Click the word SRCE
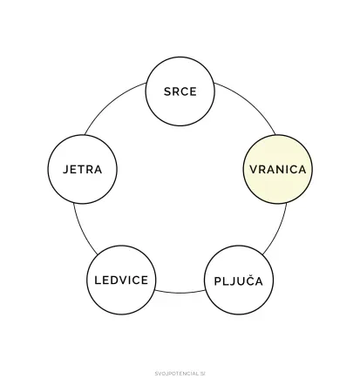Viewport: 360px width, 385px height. [180, 91]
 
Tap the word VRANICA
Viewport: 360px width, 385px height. [278, 170]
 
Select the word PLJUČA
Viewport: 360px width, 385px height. [239, 280]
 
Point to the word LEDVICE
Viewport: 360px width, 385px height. [121, 280]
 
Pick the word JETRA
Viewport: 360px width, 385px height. [83, 169]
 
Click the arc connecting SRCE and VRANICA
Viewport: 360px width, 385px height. [249, 103]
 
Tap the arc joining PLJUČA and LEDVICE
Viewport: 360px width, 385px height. [180, 293]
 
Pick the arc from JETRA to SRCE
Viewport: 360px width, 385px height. [111, 103]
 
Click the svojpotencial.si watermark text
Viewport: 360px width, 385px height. [180, 374]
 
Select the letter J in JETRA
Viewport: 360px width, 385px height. [66, 170]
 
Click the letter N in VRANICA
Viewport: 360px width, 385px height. [278, 170]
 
